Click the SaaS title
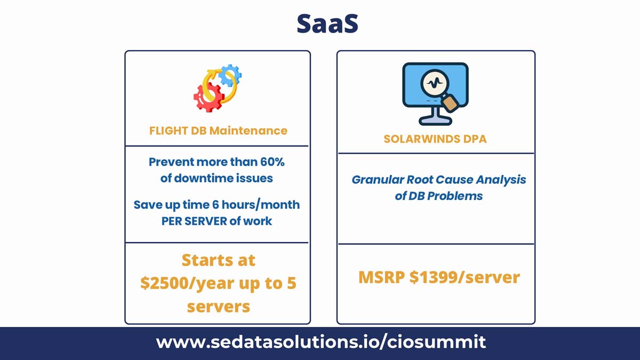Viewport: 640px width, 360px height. (x=327, y=23)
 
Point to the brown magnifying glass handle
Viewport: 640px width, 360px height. (x=450, y=103)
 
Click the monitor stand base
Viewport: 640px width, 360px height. (x=435, y=121)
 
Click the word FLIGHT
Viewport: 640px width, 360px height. (x=169, y=131)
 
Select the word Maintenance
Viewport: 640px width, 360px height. (x=249, y=131)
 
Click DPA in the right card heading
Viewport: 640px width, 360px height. (x=475, y=139)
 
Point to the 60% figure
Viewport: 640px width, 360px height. (x=273, y=162)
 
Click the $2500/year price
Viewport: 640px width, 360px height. (x=187, y=283)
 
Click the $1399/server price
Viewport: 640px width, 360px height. (x=465, y=277)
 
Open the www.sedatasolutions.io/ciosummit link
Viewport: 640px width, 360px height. (x=321, y=342)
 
